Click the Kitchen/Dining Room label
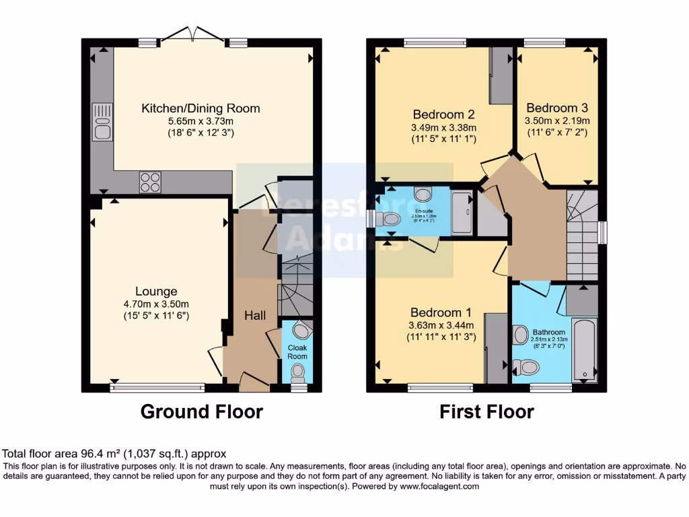201,108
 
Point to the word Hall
254,316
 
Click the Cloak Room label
297,352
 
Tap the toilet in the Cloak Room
297,372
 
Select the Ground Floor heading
201,411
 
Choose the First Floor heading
486,411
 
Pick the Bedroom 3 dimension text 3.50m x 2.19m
558,120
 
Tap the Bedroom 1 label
441,313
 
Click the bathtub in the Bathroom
584,351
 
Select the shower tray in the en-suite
462,212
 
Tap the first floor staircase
582,236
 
